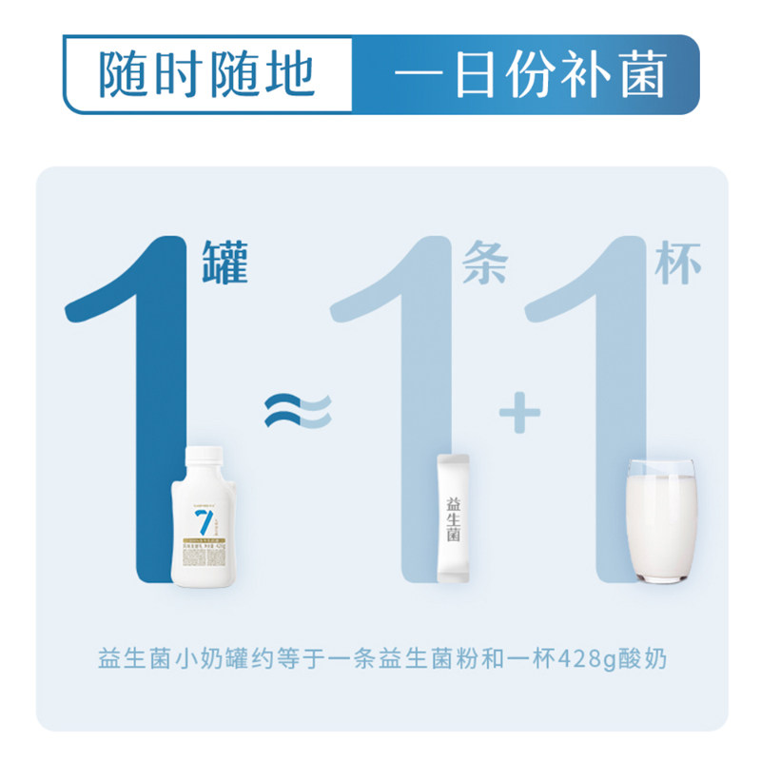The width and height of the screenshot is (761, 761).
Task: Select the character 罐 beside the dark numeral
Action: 226,262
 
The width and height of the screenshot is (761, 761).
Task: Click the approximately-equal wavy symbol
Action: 297,411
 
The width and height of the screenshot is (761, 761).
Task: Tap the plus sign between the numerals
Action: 518,412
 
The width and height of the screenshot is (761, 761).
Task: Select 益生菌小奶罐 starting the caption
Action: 156,658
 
